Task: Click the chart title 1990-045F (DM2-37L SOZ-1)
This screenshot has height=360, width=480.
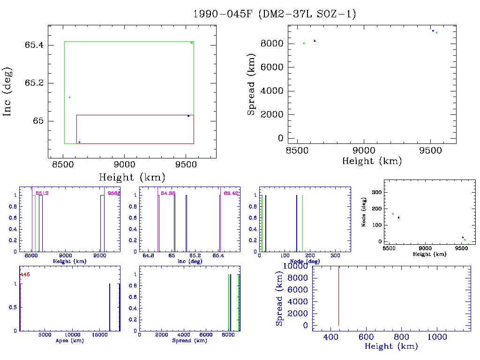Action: [x=275, y=14]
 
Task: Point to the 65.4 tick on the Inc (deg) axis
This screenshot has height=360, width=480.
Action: [x=34, y=45]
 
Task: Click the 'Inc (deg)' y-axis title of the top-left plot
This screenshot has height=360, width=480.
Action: [x=7, y=91]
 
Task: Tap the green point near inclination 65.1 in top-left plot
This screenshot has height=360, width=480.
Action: [x=69, y=97]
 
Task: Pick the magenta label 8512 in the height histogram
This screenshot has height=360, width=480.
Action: [x=42, y=193]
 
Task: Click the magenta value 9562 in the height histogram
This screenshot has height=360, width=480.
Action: [x=114, y=193]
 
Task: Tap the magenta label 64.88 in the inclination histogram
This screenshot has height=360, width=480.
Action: [x=168, y=193]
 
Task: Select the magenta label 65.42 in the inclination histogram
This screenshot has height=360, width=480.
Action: [x=231, y=193]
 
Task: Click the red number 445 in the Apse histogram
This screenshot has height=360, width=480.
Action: [x=25, y=275]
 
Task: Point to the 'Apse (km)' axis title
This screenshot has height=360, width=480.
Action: [x=69, y=341]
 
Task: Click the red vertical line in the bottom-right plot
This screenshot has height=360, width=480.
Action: [x=338, y=295]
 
